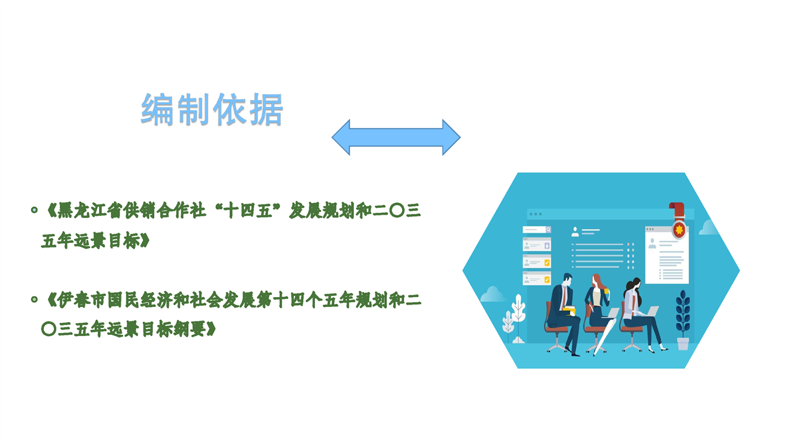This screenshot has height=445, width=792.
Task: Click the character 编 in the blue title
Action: pos(158,110)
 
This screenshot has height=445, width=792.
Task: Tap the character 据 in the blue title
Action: pos(266,110)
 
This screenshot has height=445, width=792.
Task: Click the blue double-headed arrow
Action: pos(396,137)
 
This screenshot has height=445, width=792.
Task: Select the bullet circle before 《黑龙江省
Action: pos(34,210)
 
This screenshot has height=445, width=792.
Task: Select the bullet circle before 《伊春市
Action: pos(34,300)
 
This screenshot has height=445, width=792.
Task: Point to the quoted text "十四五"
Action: pos(247,210)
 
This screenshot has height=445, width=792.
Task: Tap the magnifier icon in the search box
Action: pos(548,230)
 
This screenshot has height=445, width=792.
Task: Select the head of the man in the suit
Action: pos(567,280)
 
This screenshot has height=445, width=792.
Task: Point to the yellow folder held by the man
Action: pos(569,311)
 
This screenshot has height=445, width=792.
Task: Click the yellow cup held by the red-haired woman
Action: pos(606,291)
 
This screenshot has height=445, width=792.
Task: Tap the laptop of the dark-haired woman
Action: pos(652,311)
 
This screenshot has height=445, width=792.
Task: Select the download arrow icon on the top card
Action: pos(547,246)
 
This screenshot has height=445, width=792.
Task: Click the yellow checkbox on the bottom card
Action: pos(547,280)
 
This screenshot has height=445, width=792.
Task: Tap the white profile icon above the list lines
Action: pos(575,231)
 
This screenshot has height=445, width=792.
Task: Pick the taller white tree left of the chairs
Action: pos(519,313)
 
